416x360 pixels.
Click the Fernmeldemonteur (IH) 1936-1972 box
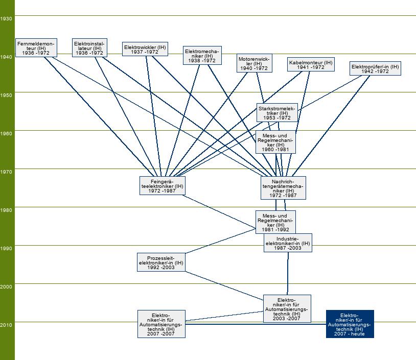pyautogui.click(x=35, y=47)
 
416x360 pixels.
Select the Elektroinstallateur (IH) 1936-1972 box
pyautogui.click(x=89, y=47)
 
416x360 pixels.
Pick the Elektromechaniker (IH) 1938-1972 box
pyautogui.click(x=202, y=55)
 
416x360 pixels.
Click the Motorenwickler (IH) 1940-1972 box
pyautogui.click(x=254, y=63)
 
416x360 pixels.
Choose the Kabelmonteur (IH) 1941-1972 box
pyautogui.click(x=310, y=64)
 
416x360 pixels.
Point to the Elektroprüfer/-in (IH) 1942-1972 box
pyautogui.click(x=375, y=68)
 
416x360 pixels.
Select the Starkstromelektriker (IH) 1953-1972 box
pyautogui.click(x=277, y=112)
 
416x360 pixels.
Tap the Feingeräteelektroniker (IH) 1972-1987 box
pyautogui.click(x=161, y=186)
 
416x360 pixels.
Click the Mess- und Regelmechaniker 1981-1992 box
pyautogui.click(x=275, y=222)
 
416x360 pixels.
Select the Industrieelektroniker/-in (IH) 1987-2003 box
pyautogui.click(x=287, y=243)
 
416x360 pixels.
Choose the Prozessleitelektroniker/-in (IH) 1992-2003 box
pyautogui.click(x=161, y=262)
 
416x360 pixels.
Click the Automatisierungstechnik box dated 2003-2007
pyautogui.click(x=287, y=308)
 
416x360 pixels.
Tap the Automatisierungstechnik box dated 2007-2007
pyautogui.click(x=161, y=324)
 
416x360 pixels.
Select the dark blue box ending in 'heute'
pyautogui.click(x=350, y=324)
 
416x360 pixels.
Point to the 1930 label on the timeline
pyautogui.click(x=7, y=18)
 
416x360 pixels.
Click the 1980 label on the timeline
pyautogui.click(x=7, y=210)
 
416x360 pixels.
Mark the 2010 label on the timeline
pyautogui.click(x=7, y=325)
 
